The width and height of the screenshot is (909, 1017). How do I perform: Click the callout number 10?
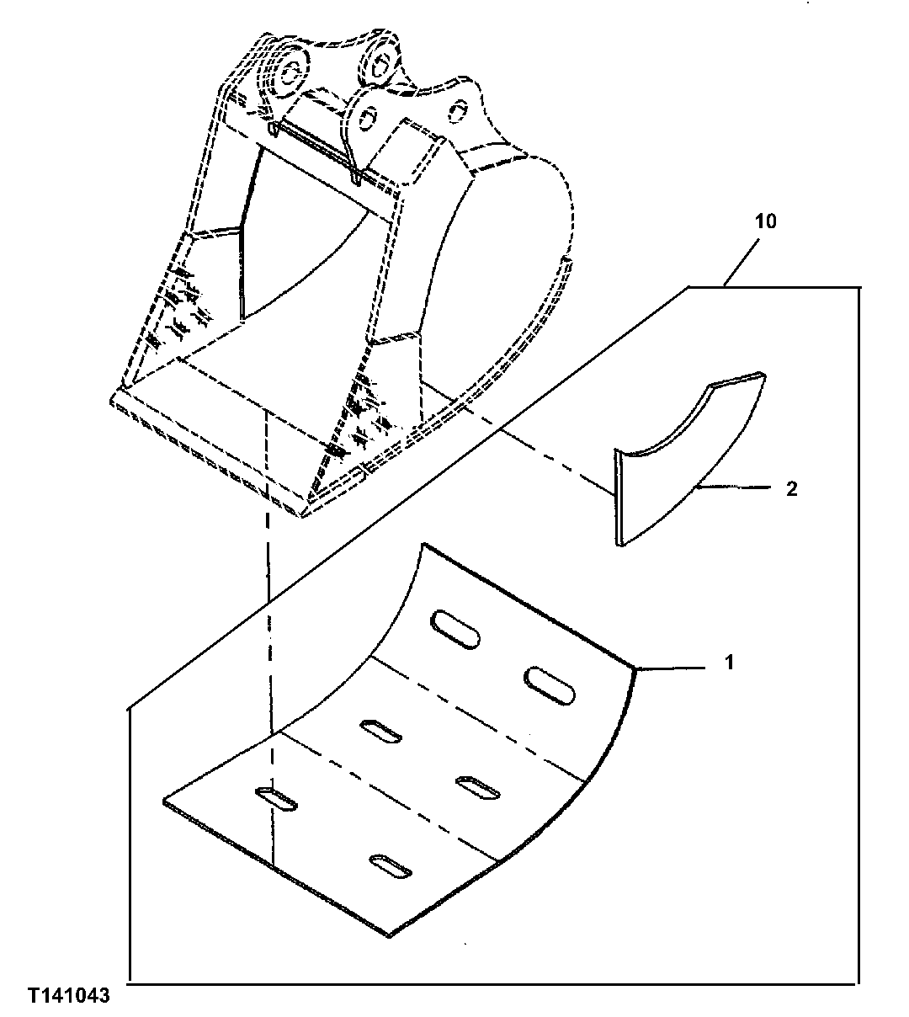click(x=766, y=222)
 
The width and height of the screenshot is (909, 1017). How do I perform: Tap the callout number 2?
click(x=791, y=488)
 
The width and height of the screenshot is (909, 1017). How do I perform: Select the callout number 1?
click(x=730, y=663)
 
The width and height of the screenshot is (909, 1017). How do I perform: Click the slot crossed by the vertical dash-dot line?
click(x=275, y=799)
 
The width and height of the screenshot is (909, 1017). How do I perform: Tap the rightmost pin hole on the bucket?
click(x=458, y=109)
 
